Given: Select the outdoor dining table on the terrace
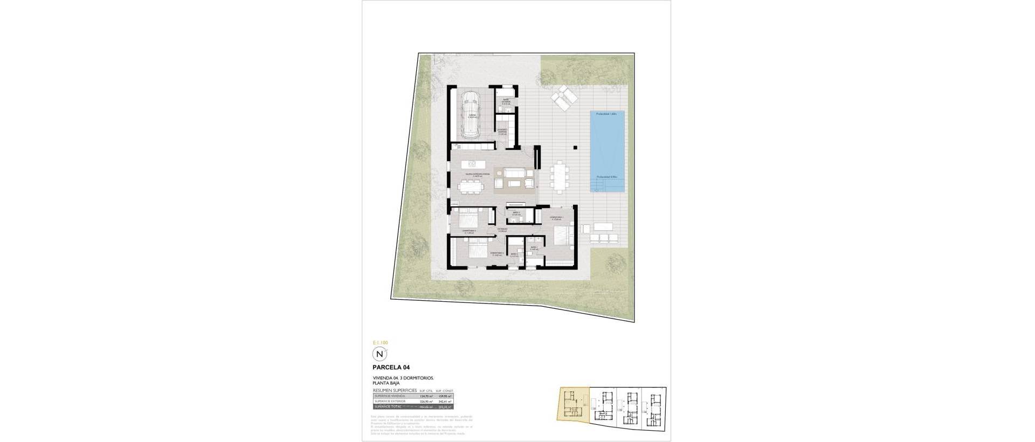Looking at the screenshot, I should pyautogui.click(x=559, y=176).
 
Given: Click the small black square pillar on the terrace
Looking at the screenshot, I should pyautogui.click(x=576, y=147).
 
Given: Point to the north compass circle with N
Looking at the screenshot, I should pyautogui.click(x=381, y=354).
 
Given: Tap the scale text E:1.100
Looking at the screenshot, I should pyautogui.click(x=380, y=342).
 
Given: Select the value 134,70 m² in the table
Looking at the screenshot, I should pyautogui.click(x=427, y=396).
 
